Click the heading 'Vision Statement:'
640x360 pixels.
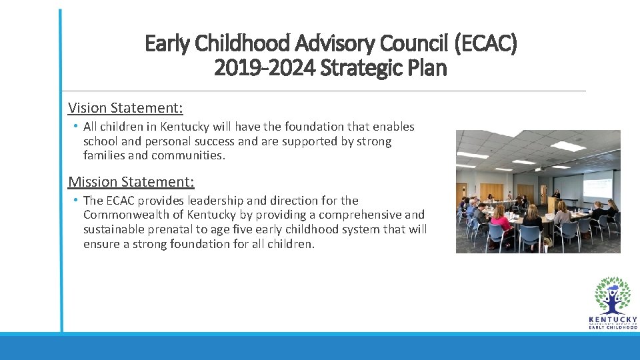tap(125, 107)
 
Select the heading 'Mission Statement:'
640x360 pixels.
tap(131, 181)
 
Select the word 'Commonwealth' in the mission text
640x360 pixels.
tap(125, 215)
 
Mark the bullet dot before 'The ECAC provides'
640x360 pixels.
tap(76, 200)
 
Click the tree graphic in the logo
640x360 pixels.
tap(612, 295)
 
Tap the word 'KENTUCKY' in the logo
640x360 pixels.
tap(612, 320)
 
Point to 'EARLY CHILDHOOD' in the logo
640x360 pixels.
tap(612, 328)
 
